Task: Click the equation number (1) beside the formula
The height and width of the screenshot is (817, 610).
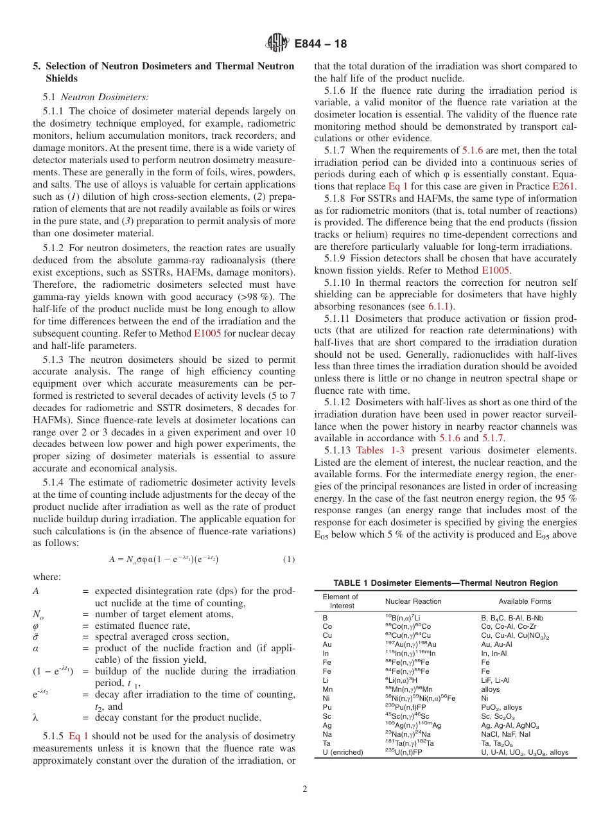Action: pos(289,559)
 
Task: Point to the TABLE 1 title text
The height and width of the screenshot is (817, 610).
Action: pos(446,583)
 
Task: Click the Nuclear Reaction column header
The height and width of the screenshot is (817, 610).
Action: pos(413,601)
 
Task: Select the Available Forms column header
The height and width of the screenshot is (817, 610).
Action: pos(525,601)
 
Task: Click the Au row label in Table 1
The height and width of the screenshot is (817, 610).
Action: pos(327,644)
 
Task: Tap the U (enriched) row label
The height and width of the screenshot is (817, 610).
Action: pos(342,751)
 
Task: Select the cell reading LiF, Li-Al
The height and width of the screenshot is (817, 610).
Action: pos(495,680)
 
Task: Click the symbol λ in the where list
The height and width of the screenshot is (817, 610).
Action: pos(35,717)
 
